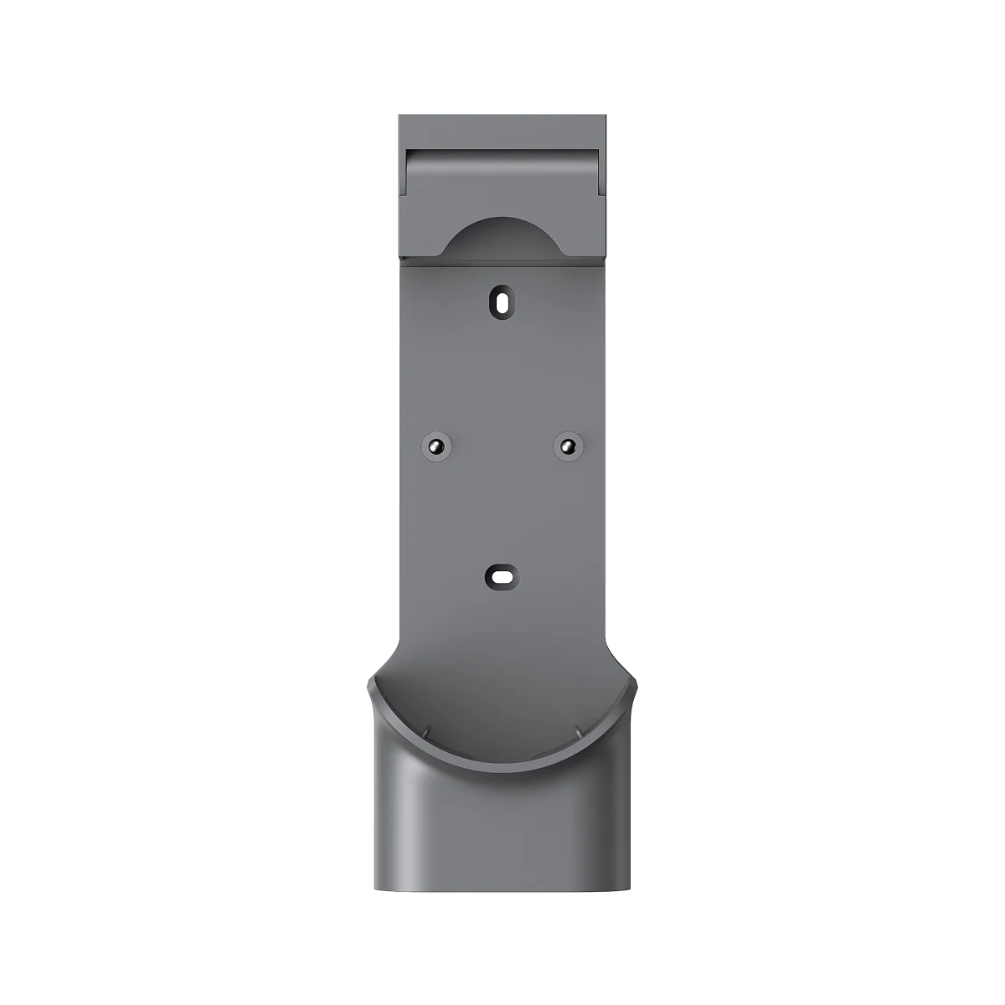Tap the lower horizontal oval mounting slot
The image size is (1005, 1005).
click(502, 577)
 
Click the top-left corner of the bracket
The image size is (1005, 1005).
click(399, 116)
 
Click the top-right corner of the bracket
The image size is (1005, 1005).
click(606, 116)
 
